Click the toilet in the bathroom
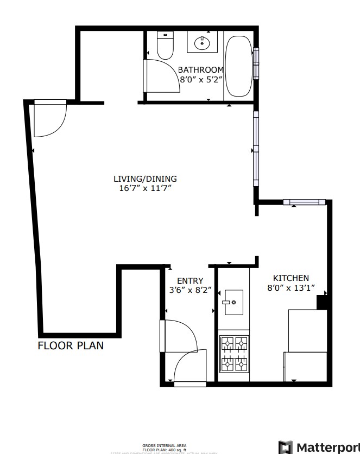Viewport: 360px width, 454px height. tap(165, 46)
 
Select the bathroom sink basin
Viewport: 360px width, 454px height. tap(203, 42)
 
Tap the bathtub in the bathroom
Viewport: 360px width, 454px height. tap(238, 66)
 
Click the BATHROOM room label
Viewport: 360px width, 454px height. tap(201, 69)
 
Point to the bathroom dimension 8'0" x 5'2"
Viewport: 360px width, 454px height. tap(201, 79)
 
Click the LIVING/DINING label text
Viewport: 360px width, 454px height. tap(145, 178)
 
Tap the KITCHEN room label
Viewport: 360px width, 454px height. tap(290, 278)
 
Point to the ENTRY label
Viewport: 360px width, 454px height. tap(190, 280)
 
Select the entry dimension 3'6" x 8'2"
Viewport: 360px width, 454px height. tap(190, 290)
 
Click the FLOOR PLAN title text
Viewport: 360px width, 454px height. tap(71, 346)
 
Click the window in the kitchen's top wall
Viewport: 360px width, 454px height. tap(304, 202)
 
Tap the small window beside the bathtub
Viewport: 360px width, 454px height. tap(256, 64)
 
